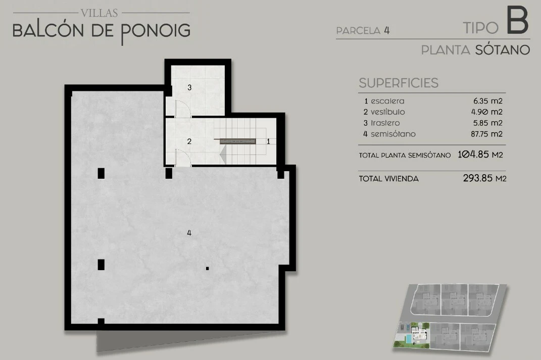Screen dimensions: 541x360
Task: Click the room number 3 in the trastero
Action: tap(189, 87)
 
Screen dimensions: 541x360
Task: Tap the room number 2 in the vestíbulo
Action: tap(189, 141)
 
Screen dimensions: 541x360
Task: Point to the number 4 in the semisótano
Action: tap(189, 233)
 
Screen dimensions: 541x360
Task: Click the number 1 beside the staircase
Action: tap(268, 141)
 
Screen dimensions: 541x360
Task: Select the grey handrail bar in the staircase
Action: tap(238, 141)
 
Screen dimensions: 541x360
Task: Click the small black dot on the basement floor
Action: tap(208, 268)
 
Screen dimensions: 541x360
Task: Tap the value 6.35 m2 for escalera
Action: tap(488, 101)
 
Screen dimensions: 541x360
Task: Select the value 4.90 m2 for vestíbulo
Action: tap(487, 112)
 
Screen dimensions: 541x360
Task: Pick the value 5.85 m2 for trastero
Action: tap(487, 123)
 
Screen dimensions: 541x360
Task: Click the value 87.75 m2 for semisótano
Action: tap(486, 134)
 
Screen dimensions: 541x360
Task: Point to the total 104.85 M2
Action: tap(480, 154)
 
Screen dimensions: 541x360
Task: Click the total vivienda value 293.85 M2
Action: tap(484, 178)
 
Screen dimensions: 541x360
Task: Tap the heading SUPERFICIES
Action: tap(399, 83)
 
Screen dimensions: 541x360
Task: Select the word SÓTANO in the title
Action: tap(502, 49)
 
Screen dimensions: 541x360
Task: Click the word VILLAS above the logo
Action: tap(100, 13)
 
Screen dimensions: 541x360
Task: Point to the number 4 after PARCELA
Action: tap(387, 30)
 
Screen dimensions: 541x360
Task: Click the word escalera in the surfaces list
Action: tap(387, 101)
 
